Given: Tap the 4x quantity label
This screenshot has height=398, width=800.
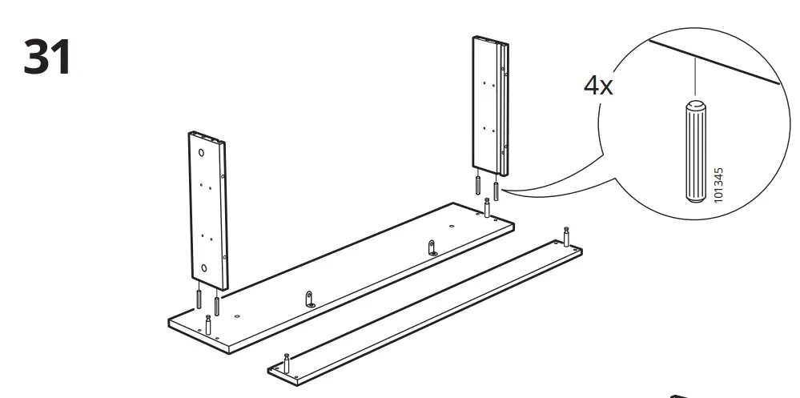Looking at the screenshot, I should [x=597, y=86].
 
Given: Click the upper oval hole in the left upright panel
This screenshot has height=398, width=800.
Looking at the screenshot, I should [x=201, y=151].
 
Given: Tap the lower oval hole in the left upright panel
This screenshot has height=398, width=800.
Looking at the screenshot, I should [x=204, y=268].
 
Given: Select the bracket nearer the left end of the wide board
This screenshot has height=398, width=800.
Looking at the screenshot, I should [x=310, y=299].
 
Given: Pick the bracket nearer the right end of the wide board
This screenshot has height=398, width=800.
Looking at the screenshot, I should [x=432, y=247].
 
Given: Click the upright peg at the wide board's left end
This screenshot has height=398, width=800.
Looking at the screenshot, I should [x=208, y=325].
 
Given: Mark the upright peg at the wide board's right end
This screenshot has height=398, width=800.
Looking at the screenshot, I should [x=487, y=207].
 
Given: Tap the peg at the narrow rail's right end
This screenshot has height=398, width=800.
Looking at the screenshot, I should [x=567, y=237].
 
